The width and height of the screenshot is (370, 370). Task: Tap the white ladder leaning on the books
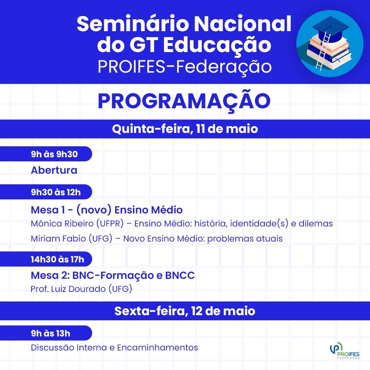pos(323,51)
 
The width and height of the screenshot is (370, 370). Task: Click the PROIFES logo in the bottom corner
pos(345,350)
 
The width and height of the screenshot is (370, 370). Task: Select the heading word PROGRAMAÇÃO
pos(184,101)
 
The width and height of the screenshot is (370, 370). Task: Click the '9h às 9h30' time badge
pos(46,154)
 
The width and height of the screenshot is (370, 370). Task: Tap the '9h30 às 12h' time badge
pos(46,192)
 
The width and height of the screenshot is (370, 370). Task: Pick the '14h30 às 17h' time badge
pos(46,259)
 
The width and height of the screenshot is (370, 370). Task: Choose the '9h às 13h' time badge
pos(46,333)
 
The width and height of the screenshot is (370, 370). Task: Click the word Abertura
pos(54,170)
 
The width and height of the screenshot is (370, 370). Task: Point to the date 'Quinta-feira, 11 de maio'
pos(185,129)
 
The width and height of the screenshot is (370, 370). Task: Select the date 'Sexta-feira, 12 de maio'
pos(185,311)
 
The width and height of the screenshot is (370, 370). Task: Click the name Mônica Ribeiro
pos(62,223)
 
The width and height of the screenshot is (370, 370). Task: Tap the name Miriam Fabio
pos(58,238)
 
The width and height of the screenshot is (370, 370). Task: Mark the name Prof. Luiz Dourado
pos(68,289)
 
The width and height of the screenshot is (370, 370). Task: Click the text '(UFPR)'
pos(110,223)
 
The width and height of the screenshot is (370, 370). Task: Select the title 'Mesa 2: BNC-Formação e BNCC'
pos(113,275)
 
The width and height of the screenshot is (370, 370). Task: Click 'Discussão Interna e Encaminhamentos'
pos(114,347)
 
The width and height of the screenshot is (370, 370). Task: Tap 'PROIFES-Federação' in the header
pos(185,66)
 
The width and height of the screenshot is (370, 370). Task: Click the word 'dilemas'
pos(316,223)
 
